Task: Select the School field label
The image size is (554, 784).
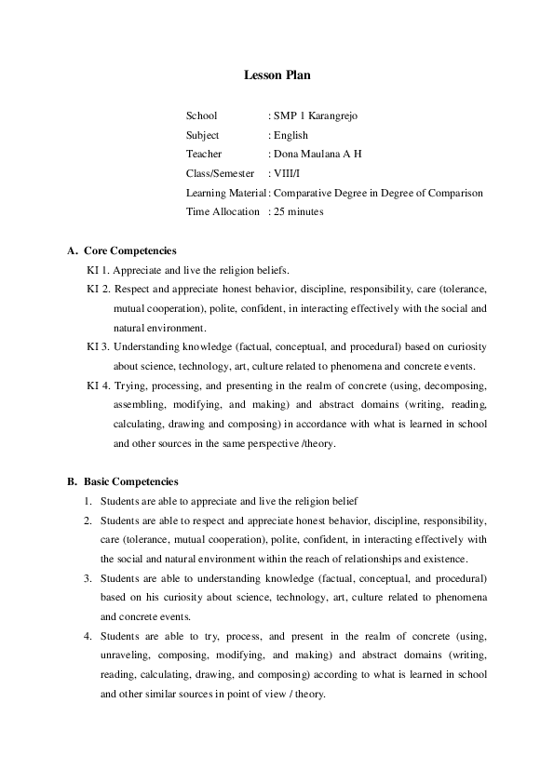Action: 201,116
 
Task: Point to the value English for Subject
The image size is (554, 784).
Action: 291,135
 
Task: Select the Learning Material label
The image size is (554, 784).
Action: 225,193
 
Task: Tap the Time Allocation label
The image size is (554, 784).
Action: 223,211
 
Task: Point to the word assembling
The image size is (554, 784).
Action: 140,405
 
